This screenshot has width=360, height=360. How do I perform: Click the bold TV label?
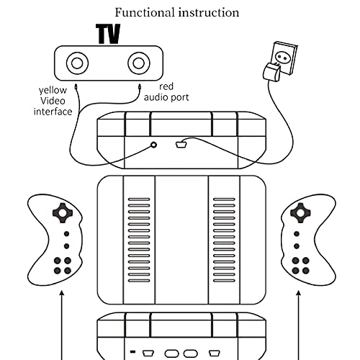tap(108, 34)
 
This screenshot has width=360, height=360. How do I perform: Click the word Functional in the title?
tap(145, 12)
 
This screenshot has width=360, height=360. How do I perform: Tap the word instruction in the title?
tap(209, 12)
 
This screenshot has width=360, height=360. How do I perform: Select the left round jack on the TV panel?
tap(77, 63)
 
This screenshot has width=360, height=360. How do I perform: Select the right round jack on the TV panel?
tap(139, 63)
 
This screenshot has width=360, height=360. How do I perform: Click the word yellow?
tap(53, 90)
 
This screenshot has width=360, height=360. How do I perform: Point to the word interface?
tap(53, 112)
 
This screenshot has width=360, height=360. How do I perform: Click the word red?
tap(166, 86)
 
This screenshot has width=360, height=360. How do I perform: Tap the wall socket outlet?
tap(284, 58)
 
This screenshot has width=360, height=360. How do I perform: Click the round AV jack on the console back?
tap(154, 145)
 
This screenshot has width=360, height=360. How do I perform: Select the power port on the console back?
tap(181, 145)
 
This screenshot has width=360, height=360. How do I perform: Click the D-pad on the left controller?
tap(63, 213)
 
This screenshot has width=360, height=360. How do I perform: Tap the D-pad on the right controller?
tap(300, 212)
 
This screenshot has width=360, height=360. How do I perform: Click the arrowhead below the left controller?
tap(62, 293)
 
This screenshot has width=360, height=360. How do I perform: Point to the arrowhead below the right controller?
tap(299, 293)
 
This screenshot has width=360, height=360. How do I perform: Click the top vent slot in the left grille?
tap(139, 199)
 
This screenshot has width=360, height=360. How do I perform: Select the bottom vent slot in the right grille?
tap(224, 281)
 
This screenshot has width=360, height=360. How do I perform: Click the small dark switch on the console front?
tap(132, 352)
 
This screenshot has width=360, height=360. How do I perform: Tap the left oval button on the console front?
tap(171, 354)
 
